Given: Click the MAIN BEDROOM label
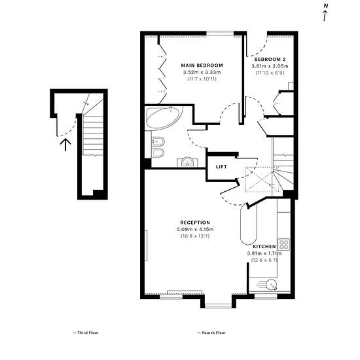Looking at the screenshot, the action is click(202, 65).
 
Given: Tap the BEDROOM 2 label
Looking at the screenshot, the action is click(270, 59).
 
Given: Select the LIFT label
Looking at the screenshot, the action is click(221, 167).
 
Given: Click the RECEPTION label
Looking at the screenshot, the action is click(195, 223).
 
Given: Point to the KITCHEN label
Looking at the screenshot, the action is click(264, 247).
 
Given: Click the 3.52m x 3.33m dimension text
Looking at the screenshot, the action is click(202, 72).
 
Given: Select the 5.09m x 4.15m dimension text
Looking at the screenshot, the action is click(195, 229).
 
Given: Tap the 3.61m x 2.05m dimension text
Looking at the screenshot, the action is click(270, 66).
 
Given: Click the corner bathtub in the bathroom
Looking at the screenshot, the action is click(164, 118).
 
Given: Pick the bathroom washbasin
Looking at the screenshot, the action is click(188, 162).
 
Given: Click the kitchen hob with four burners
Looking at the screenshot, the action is click(284, 244).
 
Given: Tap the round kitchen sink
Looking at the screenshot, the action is click(272, 285).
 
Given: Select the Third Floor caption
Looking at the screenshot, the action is click(86, 333).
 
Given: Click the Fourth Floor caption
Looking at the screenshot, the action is click(211, 333).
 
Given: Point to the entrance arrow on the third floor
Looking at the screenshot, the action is click(65, 145).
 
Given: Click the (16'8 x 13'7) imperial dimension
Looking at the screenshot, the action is click(195, 236).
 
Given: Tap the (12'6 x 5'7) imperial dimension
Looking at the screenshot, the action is click(264, 260).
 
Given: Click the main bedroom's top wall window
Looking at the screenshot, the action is click(220, 34).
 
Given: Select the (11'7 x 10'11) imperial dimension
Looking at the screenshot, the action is click(202, 79).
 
